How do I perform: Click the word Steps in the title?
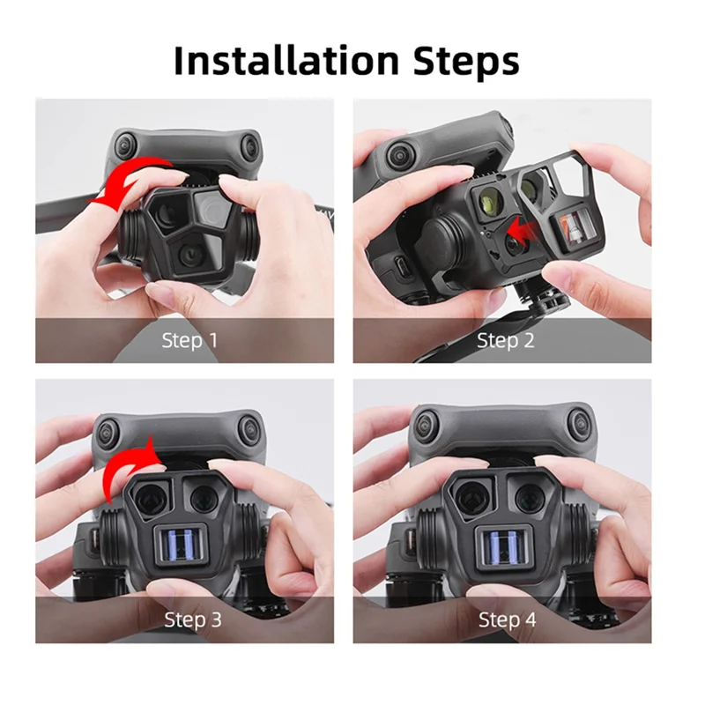tap(460, 61)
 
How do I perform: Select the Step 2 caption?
tap(506, 340)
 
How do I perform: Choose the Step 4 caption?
tap(507, 620)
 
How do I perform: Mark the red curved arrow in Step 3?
tap(129, 462)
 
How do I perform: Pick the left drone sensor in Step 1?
tap(126, 142)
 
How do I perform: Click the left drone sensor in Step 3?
tap(108, 431)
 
